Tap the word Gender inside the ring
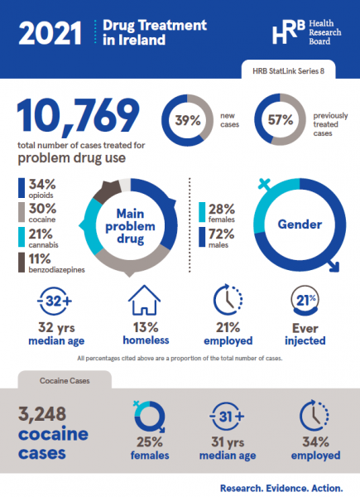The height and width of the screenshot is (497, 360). point(299,224)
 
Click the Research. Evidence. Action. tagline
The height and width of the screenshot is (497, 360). point(279,488)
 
